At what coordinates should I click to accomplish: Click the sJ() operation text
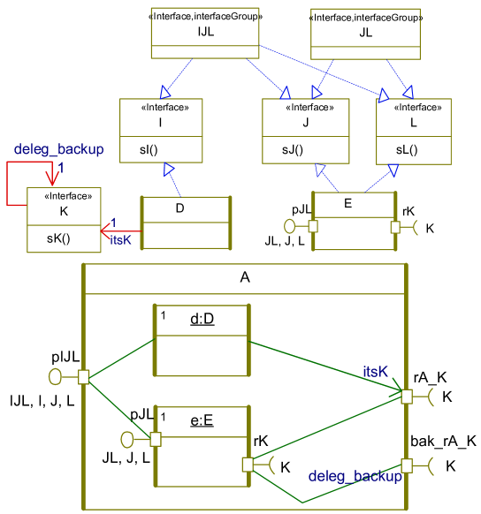click(293, 150)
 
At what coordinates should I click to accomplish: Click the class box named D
click(186, 224)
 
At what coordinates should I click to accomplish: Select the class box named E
click(353, 221)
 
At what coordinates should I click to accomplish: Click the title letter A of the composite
click(245, 277)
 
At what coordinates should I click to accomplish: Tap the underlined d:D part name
click(202, 318)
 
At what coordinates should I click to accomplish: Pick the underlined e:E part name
click(203, 420)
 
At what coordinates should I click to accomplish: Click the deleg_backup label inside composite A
click(355, 476)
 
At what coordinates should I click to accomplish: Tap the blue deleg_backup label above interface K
click(59, 149)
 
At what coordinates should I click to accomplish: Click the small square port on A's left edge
click(84, 377)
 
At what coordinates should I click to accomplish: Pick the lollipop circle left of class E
click(290, 226)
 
